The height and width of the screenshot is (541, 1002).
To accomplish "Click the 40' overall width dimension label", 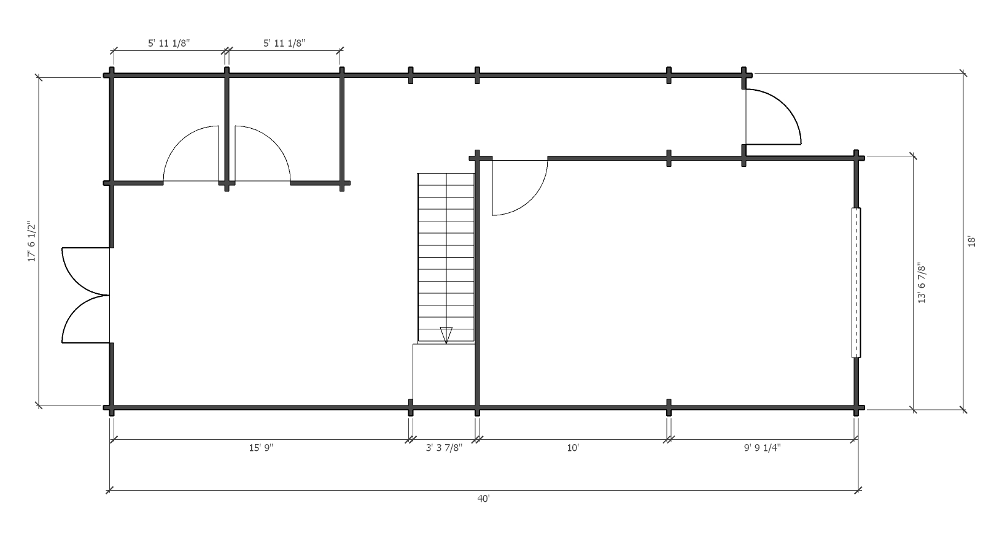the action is coord(483,499).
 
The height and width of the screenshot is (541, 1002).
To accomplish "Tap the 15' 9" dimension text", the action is coord(261,448).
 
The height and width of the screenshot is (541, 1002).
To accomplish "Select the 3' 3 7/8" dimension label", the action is coord(444,448).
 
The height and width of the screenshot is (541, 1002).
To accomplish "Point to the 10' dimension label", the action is coord(573,448).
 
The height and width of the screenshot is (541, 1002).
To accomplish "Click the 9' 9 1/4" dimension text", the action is coord(762,448).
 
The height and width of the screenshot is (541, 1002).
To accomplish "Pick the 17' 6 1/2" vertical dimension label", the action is coord(32,241).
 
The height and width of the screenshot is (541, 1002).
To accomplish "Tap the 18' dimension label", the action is coord(971,241).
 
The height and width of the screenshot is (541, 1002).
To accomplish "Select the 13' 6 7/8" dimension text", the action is coord(922,283).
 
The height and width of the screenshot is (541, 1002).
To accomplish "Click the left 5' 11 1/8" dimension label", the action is coord(169,44).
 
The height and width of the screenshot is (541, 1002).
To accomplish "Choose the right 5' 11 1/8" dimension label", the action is coord(284,44).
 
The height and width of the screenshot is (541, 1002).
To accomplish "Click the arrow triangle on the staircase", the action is coord(446,335).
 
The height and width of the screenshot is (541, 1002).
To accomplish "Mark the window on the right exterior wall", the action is coord(856,283).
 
